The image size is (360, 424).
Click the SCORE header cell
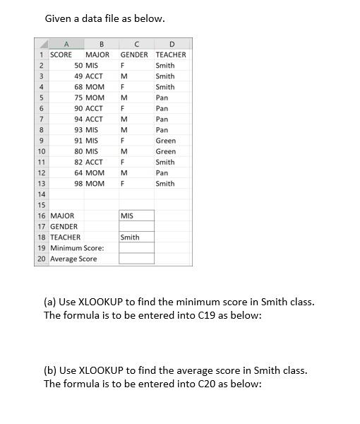[x=61, y=54]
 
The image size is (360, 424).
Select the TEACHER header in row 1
[x=171, y=54]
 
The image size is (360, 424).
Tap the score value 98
[x=78, y=184]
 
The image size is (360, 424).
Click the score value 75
[x=78, y=98]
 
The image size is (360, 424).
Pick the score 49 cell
[x=78, y=76]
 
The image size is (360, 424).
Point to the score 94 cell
[x=78, y=119]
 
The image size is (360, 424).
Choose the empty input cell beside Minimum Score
[x=136, y=248]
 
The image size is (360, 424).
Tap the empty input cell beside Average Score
[x=136, y=259]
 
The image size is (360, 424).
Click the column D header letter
[x=172, y=44]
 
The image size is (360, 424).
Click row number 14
[x=42, y=194]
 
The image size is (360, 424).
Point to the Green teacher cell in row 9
[x=166, y=141]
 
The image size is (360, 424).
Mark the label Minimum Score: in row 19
[x=77, y=248]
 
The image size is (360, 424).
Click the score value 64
[x=78, y=173]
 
